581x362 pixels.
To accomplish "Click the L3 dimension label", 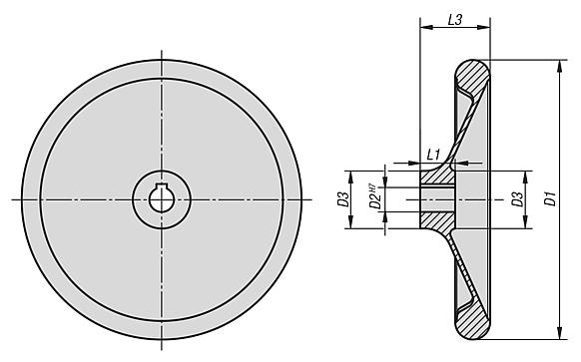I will (454, 19).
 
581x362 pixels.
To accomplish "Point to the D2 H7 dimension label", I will (371, 197).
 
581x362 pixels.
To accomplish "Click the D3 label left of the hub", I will (342, 198).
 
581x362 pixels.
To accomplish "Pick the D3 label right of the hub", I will (517, 198).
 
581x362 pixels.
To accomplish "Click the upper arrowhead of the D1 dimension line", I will (555, 65).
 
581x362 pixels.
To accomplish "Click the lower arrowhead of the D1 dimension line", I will (555, 334).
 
